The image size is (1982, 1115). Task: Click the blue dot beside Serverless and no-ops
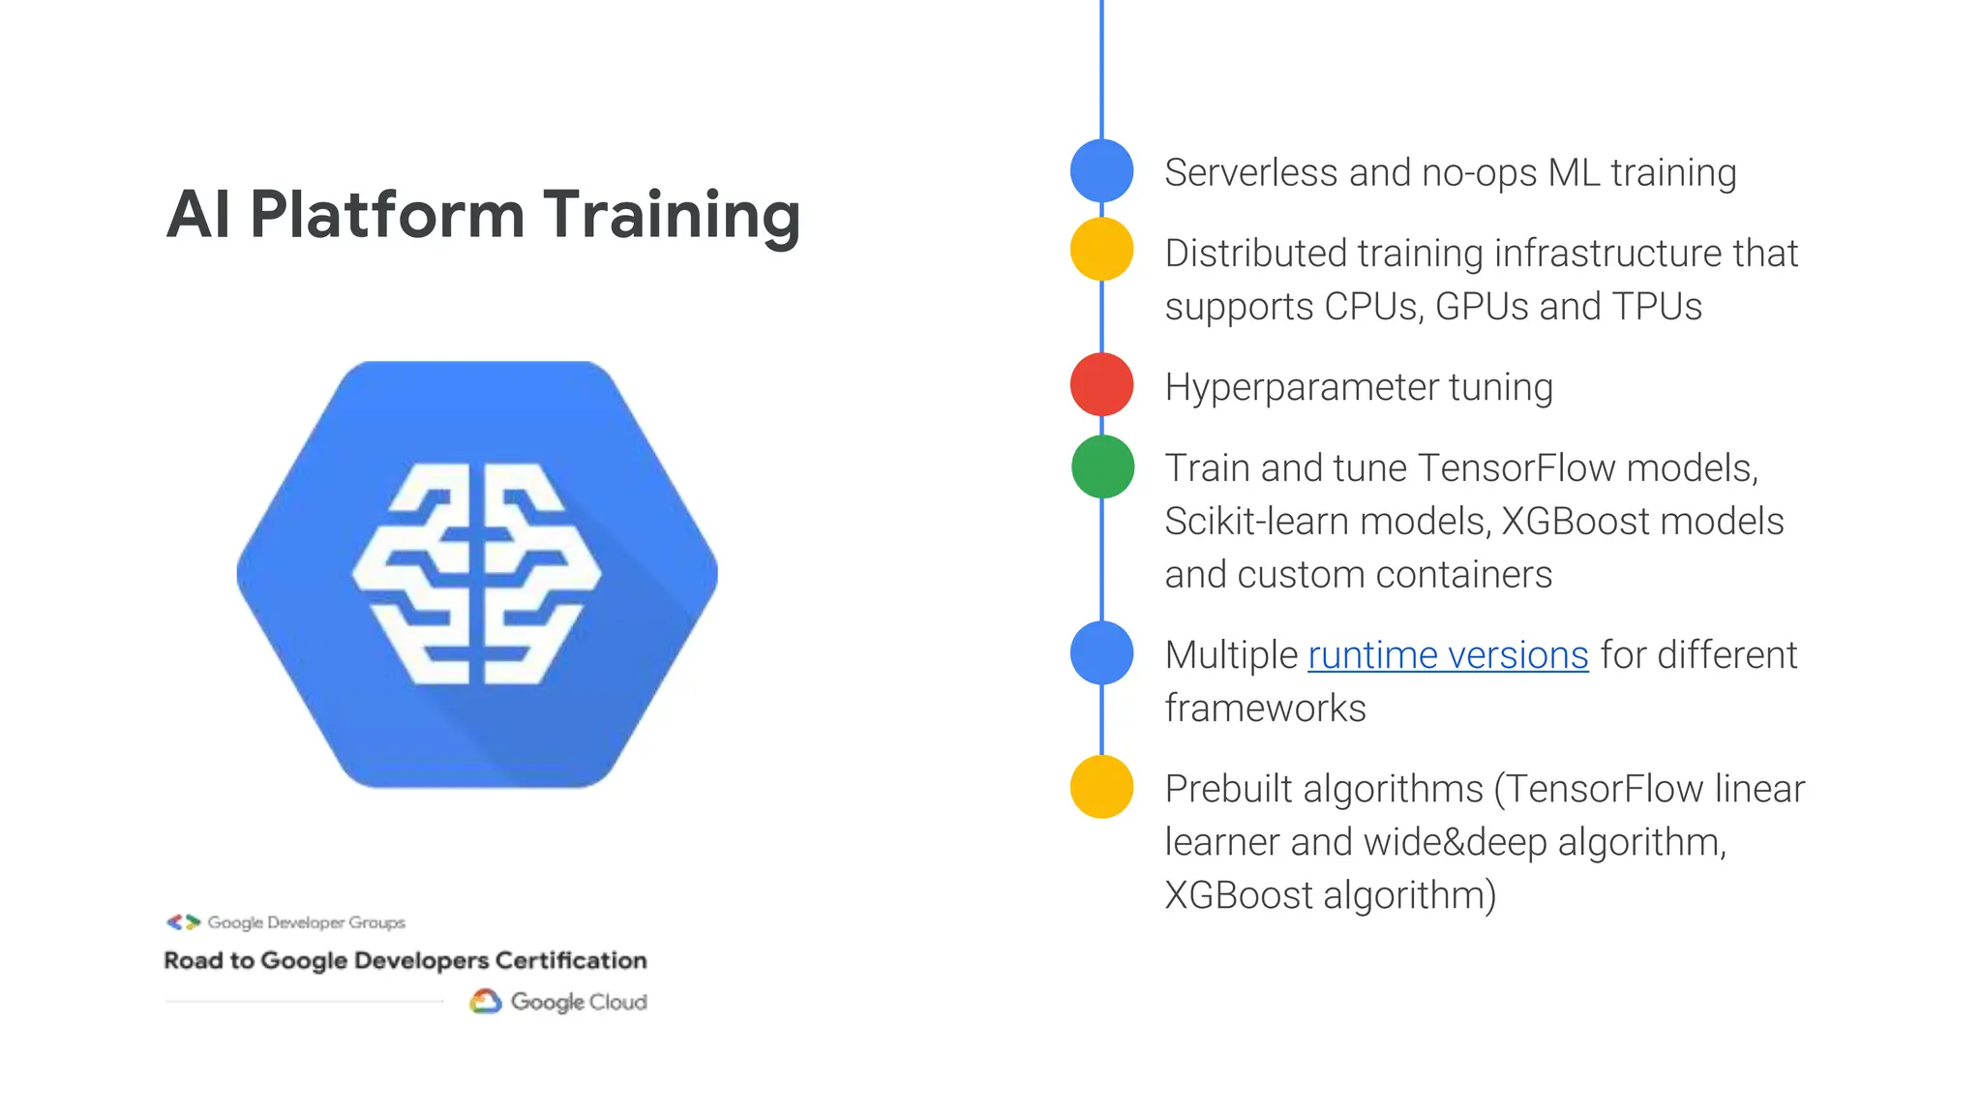[1101, 170]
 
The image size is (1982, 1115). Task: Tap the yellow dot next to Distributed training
[1101, 249]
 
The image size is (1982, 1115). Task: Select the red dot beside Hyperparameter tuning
[1101, 384]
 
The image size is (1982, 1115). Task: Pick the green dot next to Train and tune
[1102, 467]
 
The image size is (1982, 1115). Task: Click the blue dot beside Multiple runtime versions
[1101, 652]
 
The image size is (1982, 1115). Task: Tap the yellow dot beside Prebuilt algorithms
[1101, 786]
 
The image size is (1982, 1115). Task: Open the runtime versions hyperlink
[1448, 655]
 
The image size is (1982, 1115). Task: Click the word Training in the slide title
[672, 215]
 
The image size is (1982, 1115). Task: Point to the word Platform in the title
[387, 215]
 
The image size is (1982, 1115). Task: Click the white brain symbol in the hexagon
[476, 574]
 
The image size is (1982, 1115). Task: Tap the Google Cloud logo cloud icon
[485, 1001]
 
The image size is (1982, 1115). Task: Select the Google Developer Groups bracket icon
[183, 921]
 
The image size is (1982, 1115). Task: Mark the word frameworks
[1265, 708]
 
